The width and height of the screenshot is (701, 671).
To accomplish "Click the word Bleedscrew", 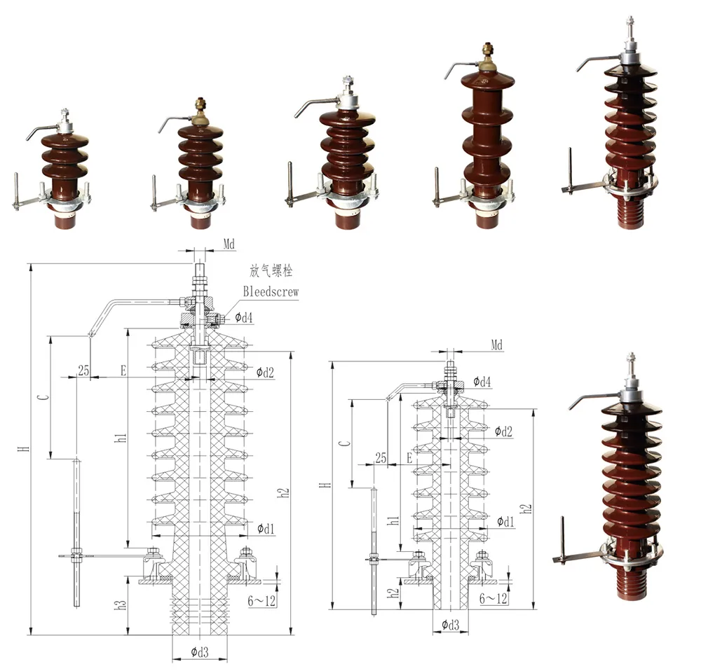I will (271, 291).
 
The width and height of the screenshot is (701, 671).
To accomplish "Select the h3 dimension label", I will (121, 604).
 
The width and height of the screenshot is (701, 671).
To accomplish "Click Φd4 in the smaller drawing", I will (482, 382).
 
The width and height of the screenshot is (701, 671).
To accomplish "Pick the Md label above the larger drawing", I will (229, 244).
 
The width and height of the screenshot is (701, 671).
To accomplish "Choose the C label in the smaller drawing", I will (343, 443).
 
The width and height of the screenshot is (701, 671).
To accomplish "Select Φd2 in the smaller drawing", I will (503, 431).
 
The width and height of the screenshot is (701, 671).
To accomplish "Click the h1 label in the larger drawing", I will (121, 438).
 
